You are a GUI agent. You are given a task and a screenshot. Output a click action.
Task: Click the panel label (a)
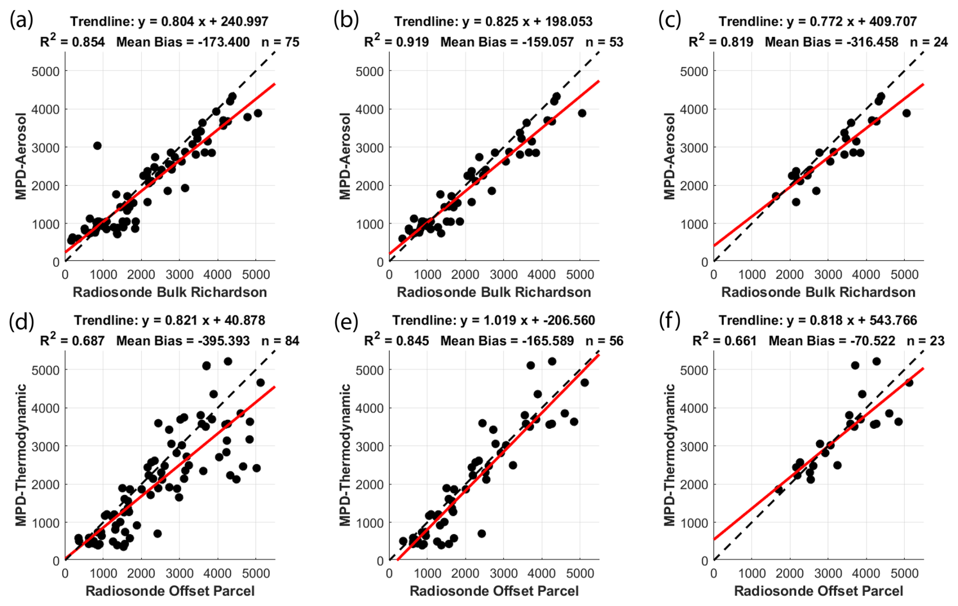(x=21, y=20)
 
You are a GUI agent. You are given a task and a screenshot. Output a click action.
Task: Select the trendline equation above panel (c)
(x=818, y=21)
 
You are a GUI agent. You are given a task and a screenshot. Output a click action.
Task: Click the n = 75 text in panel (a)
(x=280, y=42)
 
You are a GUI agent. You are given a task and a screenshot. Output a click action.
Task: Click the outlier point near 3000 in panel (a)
(x=97, y=146)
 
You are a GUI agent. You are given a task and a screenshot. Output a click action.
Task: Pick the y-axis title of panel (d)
(x=21, y=455)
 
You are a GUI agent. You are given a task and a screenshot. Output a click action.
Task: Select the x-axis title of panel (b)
(x=494, y=292)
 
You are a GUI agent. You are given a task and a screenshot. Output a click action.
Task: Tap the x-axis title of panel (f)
(x=818, y=591)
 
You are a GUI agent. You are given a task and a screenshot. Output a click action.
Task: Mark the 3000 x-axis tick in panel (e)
(x=503, y=574)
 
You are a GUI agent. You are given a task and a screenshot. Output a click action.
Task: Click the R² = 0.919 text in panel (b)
(x=396, y=42)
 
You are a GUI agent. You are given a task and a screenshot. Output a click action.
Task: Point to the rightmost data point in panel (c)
(x=906, y=113)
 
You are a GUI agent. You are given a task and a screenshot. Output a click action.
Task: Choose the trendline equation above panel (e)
(x=494, y=320)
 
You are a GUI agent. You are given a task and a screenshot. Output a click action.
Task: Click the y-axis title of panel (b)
(x=345, y=156)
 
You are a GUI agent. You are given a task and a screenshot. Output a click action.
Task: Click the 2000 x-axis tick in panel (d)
(x=141, y=574)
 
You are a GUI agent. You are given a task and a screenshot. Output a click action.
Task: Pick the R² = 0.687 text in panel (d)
(x=72, y=341)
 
